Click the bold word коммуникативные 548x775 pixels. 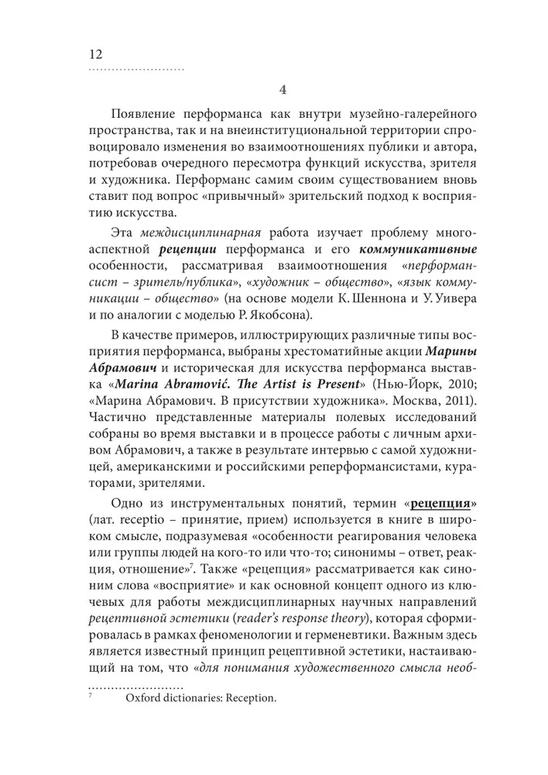tap(410, 253)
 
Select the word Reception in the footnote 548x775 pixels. tap(248, 697)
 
